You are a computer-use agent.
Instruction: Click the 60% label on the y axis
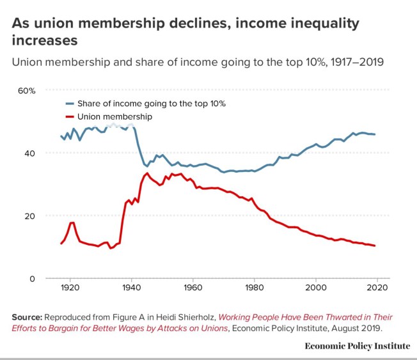point(26,91)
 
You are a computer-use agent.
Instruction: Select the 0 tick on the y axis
point(32,279)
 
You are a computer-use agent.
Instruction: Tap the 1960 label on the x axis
point(193,288)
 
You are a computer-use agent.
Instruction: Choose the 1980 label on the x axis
point(255,288)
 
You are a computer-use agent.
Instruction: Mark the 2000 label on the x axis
point(317,288)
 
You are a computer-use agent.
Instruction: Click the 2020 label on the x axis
point(378,288)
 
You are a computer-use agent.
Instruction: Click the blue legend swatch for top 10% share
point(70,104)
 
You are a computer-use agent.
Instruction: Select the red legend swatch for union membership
point(70,117)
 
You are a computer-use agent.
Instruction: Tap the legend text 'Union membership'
point(114,117)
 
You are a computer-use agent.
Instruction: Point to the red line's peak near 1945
point(148,173)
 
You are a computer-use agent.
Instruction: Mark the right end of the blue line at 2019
point(375,134)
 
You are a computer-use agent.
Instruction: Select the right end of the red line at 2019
point(375,246)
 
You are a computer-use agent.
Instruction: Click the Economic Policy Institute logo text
point(357,346)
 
